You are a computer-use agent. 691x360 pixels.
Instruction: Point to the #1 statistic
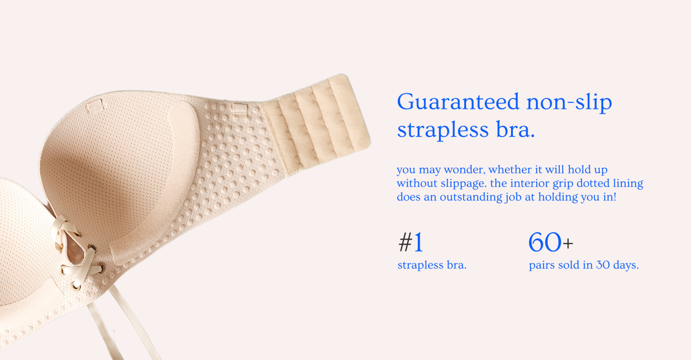(411, 243)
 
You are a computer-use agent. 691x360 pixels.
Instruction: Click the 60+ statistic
(550, 243)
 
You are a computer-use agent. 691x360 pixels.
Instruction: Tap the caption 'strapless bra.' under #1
(432, 265)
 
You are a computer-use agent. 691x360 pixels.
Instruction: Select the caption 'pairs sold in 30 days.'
(583, 265)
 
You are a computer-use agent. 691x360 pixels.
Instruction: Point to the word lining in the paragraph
(628, 184)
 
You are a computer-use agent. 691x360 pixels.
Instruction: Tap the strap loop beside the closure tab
(239, 110)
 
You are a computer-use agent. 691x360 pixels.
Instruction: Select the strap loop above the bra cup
(95, 107)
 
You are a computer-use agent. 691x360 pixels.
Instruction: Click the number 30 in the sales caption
(603, 265)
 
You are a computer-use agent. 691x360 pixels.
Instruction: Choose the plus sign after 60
(568, 244)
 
